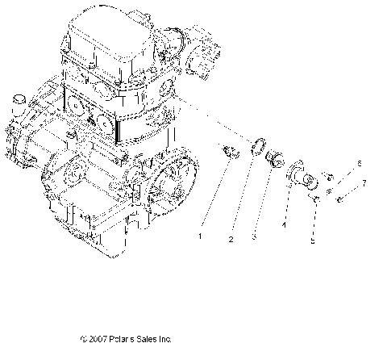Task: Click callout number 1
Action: coord(201,237)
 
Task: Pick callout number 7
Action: coord(364,183)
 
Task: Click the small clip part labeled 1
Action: coord(227,150)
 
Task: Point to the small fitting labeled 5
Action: coord(318,196)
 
